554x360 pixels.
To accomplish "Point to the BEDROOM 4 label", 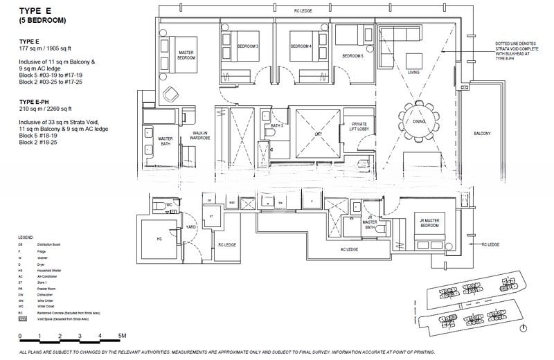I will [x=301, y=46].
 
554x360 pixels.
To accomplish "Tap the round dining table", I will [x=419, y=121].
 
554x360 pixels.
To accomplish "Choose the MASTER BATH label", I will [x=165, y=141].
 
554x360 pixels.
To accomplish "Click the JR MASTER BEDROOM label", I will [x=431, y=223].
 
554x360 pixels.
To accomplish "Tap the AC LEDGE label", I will [x=349, y=249].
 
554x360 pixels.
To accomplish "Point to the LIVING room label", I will [x=413, y=72].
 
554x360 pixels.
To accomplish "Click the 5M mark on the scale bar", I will [x=122, y=336].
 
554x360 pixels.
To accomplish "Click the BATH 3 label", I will [x=277, y=126].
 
